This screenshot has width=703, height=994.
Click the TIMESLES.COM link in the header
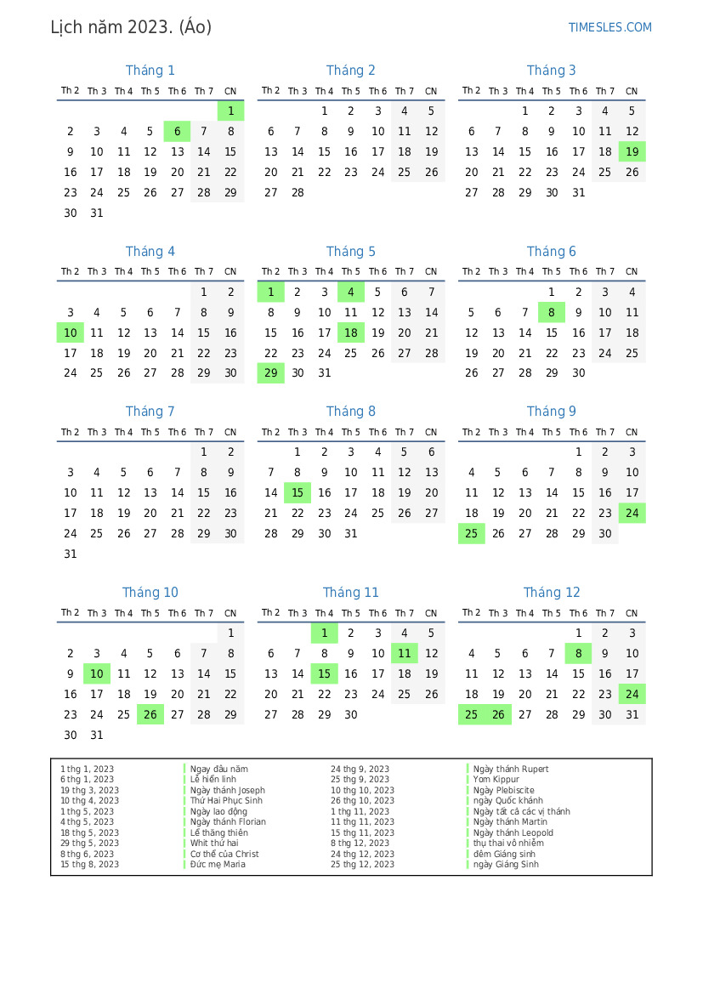[x=609, y=27]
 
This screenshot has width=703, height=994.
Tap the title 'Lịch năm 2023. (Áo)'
[x=131, y=27]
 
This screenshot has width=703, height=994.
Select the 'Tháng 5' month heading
[x=351, y=252]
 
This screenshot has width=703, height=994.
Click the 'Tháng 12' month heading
[x=552, y=593]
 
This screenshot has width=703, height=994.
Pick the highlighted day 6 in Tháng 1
[x=177, y=131]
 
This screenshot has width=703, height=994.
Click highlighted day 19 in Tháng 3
[x=632, y=151]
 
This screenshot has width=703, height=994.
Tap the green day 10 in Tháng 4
[x=71, y=332]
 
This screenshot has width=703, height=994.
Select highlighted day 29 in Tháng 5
[x=270, y=372]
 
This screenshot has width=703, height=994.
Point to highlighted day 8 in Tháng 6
[x=552, y=312]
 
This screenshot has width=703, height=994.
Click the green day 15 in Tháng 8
[x=298, y=492]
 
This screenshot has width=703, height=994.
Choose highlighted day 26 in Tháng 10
[x=150, y=714]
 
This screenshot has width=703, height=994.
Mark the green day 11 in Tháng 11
[x=405, y=653]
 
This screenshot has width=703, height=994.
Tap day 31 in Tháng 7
[x=71, y=554]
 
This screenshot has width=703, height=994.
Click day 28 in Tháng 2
[x=298, y=192]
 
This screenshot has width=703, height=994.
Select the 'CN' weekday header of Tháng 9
[x=632, y=432]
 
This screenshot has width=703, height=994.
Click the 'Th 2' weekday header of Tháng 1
[x=71, y=91]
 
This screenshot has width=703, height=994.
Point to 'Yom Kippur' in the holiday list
[x=496, y=780]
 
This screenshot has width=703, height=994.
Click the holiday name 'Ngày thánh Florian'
[x=228, y=822]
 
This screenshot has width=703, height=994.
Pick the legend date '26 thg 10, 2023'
[x=362, y=801]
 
